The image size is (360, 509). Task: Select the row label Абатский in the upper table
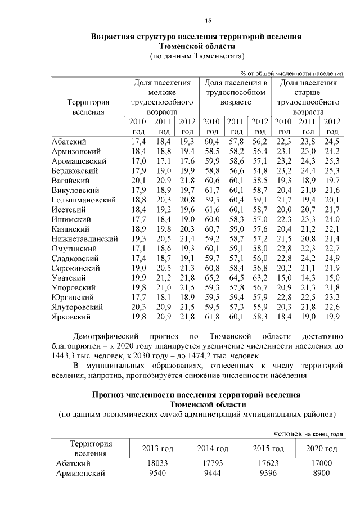point(69,141)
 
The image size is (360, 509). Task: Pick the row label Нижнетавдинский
point(84,238)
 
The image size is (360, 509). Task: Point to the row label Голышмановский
point(83,200)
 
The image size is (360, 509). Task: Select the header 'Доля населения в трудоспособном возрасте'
point(235,93)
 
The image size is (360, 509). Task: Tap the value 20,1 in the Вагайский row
point(138,180)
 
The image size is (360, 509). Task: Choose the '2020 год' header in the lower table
point(321,448)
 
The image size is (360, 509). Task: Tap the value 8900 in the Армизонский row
point(321,474)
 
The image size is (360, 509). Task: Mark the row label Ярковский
point(70,317)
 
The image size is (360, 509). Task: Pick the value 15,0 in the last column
point(333,278)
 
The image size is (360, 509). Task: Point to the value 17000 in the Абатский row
point(321,463)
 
